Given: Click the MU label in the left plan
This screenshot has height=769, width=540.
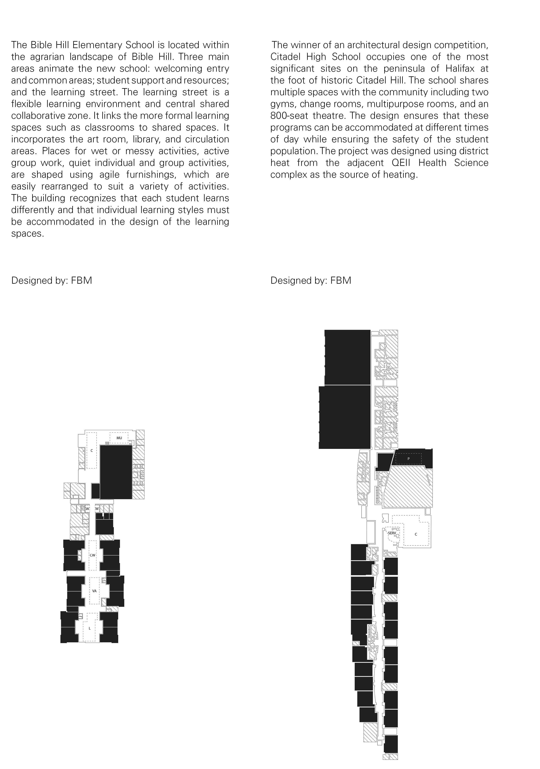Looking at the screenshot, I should click(119, 438).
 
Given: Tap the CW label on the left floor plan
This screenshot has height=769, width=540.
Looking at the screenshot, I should click(92, 555).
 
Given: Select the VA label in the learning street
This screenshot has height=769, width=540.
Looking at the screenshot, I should click(94, 591).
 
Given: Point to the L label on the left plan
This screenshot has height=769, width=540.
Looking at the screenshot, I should click(89, 628).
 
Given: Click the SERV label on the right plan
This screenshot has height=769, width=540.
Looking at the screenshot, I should click(392, 533).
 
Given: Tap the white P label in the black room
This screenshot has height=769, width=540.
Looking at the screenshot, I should click(408, 459).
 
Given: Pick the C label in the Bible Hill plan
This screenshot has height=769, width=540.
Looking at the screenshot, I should click(92, 451).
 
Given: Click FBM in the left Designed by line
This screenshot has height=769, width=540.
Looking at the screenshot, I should click(81, 280).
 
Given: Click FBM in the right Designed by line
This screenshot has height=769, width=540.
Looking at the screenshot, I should click(341, 280).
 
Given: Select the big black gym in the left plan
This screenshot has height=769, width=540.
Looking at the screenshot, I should click(116, 472).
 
